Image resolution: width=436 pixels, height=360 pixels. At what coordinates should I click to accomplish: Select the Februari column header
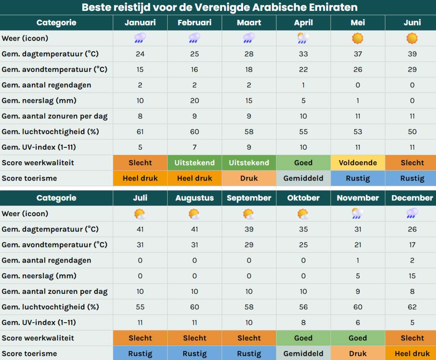(x=194, y=23)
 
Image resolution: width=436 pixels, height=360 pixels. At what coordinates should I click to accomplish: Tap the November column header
(x=358, y=198)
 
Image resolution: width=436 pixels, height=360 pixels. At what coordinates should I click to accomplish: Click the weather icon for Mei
(x=358, y=38)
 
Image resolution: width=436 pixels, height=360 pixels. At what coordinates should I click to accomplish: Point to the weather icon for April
(x=303, y=38)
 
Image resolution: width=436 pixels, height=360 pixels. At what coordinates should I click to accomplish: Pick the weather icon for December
(x=412, y=214)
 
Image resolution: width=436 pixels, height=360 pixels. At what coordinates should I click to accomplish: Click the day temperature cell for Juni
(x=412, y=54)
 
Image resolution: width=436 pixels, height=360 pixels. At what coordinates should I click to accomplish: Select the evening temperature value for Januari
(x=140, y=69)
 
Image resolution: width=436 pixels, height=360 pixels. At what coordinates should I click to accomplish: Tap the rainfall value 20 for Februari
(x=194, y=101)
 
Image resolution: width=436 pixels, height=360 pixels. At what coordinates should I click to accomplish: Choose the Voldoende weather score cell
(x=358, y=163)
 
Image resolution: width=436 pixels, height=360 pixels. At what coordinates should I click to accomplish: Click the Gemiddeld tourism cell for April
(x=303, y=178)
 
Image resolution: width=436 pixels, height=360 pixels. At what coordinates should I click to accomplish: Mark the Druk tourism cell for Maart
(x=249, y=178)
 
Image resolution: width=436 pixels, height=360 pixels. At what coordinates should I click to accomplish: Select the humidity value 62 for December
(x=412, y=307)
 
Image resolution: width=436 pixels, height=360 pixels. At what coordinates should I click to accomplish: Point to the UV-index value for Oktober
(x=303, y=323)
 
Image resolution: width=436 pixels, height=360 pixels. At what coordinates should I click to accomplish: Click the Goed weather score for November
(x=358, y=338)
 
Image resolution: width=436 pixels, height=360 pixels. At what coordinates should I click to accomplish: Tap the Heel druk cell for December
(x=412, y=353)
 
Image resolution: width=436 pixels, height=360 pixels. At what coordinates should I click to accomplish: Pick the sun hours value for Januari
(x=140, y=116)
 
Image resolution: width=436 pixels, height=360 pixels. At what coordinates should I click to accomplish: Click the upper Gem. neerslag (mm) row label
(x=39, y=101)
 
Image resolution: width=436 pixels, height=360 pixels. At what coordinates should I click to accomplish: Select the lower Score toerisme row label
(x=29, y=353)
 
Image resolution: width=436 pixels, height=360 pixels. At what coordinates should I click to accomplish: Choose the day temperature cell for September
(x=249, y=229)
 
